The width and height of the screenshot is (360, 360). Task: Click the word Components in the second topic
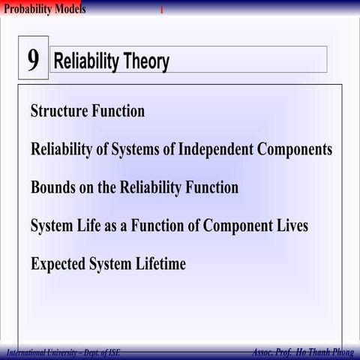(x=295, y=149)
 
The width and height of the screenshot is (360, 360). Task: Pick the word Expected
(x=58, y=264)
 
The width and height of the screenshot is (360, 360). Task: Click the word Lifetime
(x=160, y=264)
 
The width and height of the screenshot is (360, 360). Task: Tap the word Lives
(x=290, y=226)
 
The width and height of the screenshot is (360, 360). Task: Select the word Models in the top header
(x=69, y=9)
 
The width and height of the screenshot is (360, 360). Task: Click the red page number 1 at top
(x=160, y=10)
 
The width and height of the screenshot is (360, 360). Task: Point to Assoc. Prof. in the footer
(x=271, y=352)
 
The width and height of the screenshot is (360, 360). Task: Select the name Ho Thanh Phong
(x=324, y=352)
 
